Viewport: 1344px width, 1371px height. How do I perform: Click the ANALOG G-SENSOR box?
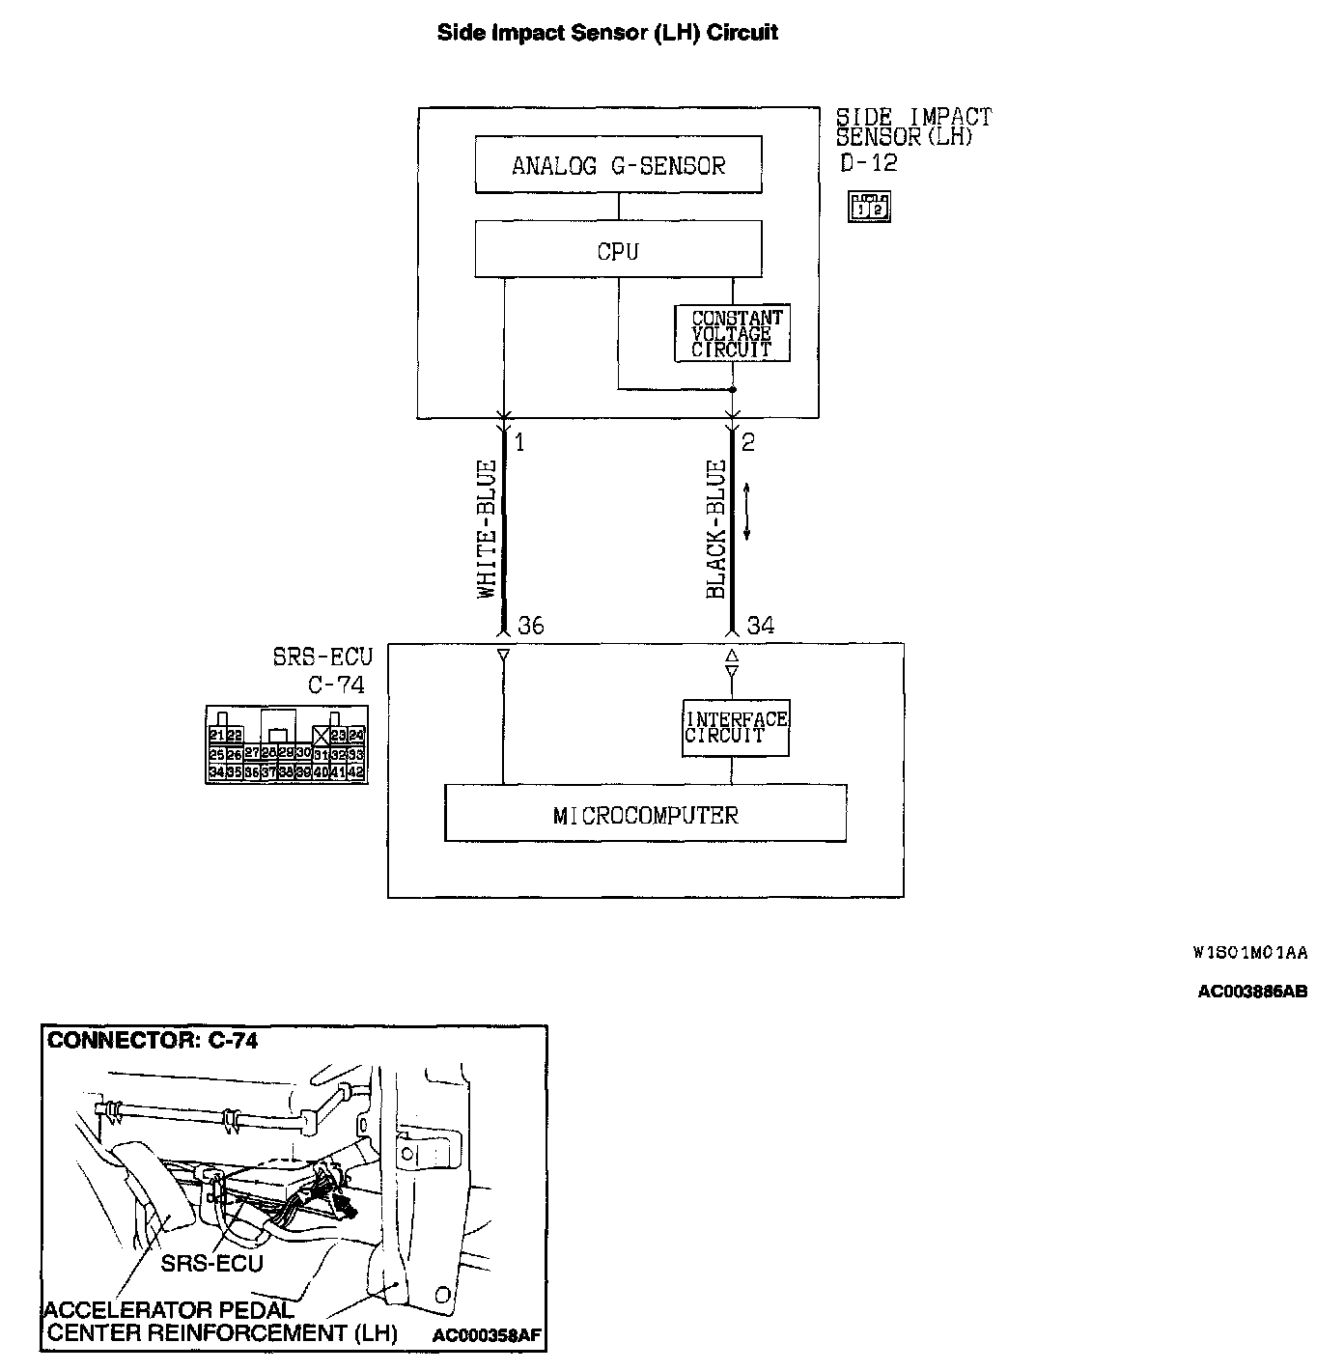pos(618,165)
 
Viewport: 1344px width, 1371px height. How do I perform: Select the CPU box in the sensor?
pos(618,251)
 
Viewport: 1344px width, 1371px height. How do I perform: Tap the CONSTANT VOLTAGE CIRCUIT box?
pos(732,334)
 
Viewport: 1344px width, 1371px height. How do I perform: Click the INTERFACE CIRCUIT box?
pos(736,727)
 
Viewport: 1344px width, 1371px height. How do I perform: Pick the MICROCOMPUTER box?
pos(645,814)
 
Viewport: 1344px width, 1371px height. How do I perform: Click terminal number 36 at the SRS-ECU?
pos(530,626)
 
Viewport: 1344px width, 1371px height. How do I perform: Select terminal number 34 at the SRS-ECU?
pos(760,626)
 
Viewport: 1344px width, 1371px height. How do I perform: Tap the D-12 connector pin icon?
pos(868,207)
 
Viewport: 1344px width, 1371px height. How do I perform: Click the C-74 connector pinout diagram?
pos(286,744)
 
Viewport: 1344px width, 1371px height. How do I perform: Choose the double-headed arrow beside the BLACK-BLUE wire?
pos(747,512)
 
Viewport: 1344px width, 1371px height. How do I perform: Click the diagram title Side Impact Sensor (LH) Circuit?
pos(607,33)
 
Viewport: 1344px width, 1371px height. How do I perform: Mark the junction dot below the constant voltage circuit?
pos(732,390)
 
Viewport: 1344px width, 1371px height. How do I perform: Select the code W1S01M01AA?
pos(1250,953)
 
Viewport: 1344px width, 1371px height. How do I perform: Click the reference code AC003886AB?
pos(1252,992)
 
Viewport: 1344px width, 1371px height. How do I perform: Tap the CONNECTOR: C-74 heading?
pos(153,1040)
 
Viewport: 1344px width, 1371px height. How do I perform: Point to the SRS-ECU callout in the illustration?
pos(211,1263)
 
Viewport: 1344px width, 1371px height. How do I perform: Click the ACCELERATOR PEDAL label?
pos(169,1310)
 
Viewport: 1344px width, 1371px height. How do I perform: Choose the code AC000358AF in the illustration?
pos(487,1336)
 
